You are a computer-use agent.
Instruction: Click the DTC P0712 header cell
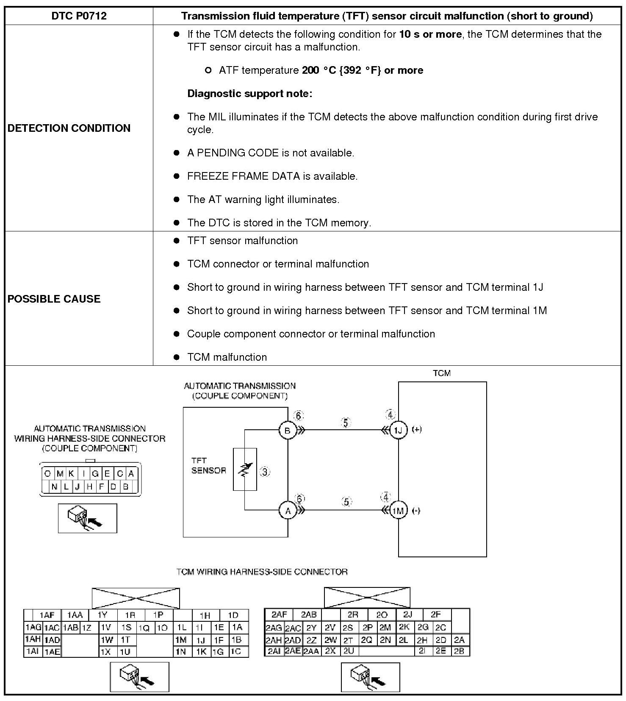tap(79, 16)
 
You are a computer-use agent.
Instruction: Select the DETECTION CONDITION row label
tap(69, 128)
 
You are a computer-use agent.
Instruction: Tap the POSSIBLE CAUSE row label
tap(54, 299)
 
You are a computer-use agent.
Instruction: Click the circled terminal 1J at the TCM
tap(398, 430)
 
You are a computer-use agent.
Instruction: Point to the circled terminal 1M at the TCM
tap(398, 511)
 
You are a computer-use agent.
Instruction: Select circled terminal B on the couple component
tap(288, 431)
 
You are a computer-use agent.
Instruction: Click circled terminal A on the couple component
tap(288, 511)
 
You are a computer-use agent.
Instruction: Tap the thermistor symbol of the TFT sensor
tap(245, 469)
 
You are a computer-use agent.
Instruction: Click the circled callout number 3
tap(265, 471)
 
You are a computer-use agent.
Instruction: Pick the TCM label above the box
tap(442, 373)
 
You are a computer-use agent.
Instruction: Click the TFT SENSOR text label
tap(208, 465)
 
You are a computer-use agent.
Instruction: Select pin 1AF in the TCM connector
tap(47, 615)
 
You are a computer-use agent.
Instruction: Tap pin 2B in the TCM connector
tap(459, 651)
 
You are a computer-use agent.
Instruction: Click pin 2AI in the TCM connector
tap(274, 651)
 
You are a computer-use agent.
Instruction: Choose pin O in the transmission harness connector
tap(47, 474)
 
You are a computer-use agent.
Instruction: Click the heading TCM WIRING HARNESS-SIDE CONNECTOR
tap(262, 572)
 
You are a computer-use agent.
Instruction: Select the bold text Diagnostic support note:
tap(249, 94)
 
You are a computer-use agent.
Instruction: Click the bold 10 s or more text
tap(430, 34)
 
